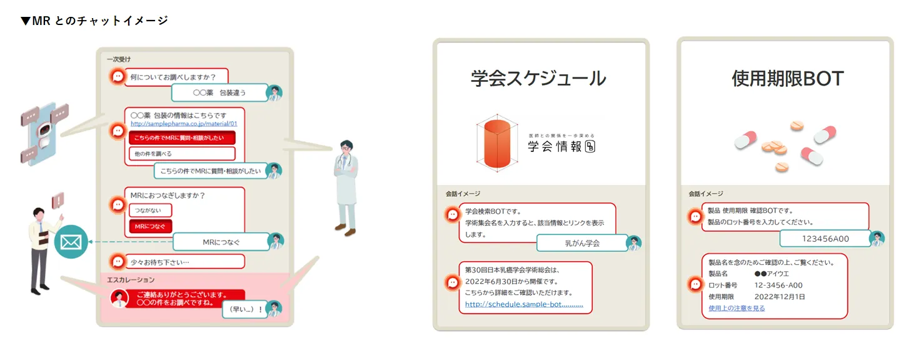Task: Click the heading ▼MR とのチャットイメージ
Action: (x=94, y=21)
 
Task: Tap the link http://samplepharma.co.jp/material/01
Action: (x=184, y=124)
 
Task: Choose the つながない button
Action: (x=150, y=211)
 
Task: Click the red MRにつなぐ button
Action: (x=150, y=226)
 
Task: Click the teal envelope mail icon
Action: (x=71, y=242)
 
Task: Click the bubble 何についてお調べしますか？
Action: (x=173, y=77)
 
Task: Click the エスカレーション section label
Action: (x=131, y=279)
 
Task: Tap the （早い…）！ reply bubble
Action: (x=244, y=309)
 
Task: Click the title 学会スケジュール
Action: (x=538, y=79)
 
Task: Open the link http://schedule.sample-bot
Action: (x=524, y=305)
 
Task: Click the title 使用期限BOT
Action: (x=788, y=79)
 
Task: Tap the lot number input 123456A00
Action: (x=825, y=239)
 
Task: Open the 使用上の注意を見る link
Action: (x=736, y=308)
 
